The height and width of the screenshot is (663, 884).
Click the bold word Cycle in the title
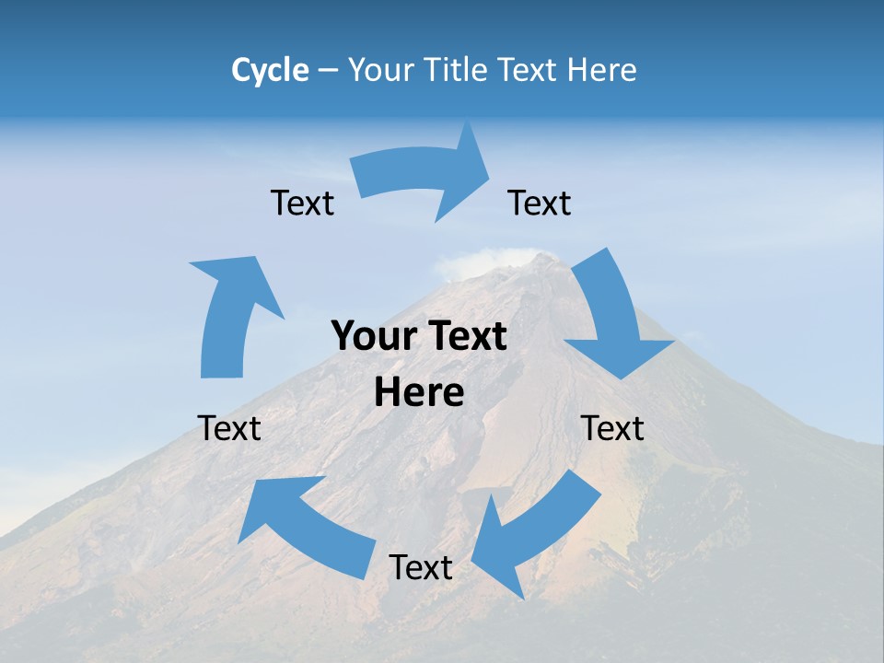click(x=270, y=70)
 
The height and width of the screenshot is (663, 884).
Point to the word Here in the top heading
click(x=602, y=70)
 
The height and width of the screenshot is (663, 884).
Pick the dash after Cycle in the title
click(x=328, y=71)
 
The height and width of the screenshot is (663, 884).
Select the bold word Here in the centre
click(x=419, y=393)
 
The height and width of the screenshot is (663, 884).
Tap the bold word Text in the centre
click(x=466, y=336)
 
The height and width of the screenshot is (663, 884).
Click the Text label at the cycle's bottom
click(x=421, y=567)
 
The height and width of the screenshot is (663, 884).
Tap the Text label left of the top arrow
click(x=302, y=203)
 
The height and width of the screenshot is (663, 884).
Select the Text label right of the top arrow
click(x=540, y=203)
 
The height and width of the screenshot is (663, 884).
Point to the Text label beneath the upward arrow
click(x=229, y=428)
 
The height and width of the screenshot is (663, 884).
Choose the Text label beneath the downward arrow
click(x=612, y=428)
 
